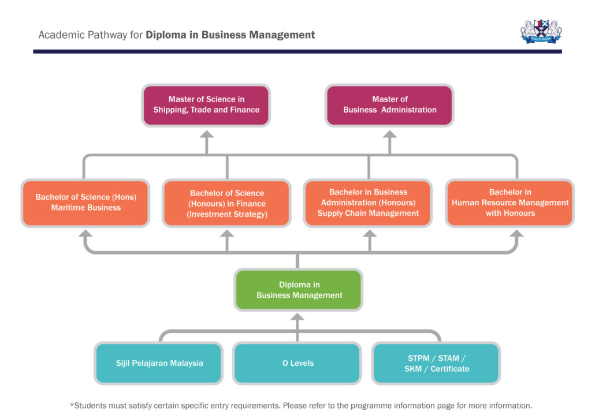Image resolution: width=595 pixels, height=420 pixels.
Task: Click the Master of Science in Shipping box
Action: pos(206,105)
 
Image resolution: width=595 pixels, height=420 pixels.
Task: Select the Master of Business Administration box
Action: pos(389,105)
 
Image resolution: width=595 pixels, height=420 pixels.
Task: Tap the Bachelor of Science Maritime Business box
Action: pos(85,202)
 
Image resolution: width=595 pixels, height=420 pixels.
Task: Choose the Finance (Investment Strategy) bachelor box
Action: pos(226,204)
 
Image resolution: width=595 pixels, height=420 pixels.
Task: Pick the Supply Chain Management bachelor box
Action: pos(368,202)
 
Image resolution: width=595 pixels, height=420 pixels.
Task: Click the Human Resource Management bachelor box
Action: pos(510,202)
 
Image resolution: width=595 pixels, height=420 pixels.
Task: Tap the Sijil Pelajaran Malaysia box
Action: pos(159,363)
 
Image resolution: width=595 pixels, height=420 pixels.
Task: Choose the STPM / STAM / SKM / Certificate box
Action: pos(436,363)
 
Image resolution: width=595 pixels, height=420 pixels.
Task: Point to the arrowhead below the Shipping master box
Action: pos(206,134)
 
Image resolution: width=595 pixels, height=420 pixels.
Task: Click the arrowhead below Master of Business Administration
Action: pos(390,134)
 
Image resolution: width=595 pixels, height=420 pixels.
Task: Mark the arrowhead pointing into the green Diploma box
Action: pos(297,317)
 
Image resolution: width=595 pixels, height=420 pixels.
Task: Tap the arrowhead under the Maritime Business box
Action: pos(85,234)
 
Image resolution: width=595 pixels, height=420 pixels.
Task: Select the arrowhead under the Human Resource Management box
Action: pos(516,234)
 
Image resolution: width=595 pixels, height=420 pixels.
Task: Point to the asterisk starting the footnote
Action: pos(72,405)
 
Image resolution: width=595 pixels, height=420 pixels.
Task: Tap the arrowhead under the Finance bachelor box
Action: pos(227,234)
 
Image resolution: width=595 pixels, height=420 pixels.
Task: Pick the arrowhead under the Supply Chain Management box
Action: pos(369,234)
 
